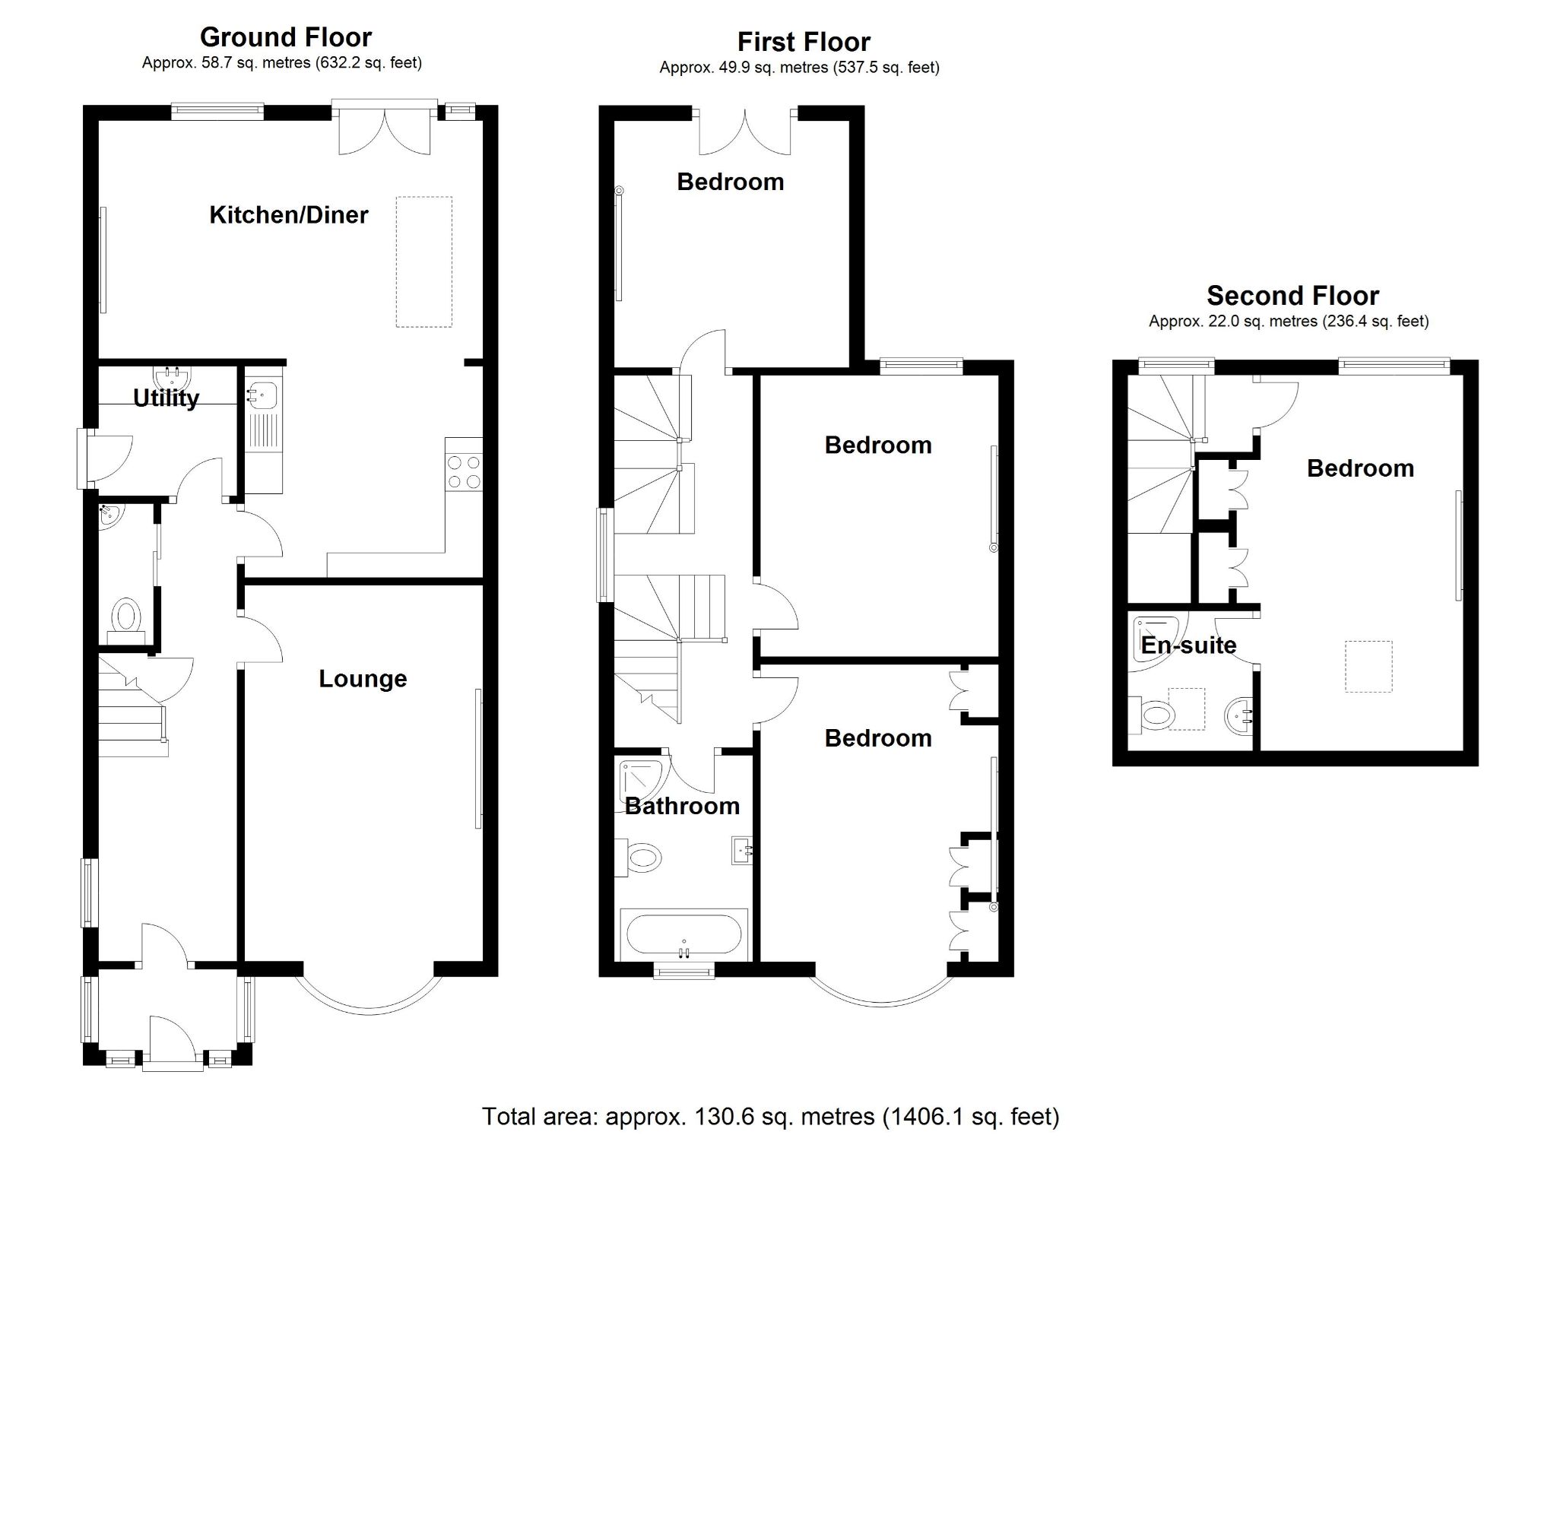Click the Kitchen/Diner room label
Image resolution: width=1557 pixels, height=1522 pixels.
[x=289, y=215]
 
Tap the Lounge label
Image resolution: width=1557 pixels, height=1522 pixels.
[x=363, y=679]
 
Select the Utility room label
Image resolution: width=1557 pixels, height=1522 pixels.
[x=166, y=398]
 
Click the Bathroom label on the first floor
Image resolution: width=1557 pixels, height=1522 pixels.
[x=682, y=806]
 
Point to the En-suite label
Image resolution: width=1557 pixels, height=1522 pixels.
[x=1188, y=645]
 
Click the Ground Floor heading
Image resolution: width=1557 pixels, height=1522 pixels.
[x=285, y=37]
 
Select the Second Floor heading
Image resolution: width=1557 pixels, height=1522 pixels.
[x=1292, y=296]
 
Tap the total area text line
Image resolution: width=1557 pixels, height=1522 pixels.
[x=770, y=1117]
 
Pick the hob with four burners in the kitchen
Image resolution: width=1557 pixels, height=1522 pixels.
[x=464, y=471]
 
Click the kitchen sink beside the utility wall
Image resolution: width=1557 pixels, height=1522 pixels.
[x=262, y=395]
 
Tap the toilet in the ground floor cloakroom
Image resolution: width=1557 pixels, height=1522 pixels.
[x=126, y=617]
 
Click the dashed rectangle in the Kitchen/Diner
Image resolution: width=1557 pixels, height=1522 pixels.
[x=423, y=262]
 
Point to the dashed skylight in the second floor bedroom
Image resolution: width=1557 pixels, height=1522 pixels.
[x=1368, y=666]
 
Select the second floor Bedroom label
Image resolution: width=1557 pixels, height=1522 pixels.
[x=1359, y=468]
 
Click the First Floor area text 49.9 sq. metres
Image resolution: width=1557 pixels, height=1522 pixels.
[x=798, y=68]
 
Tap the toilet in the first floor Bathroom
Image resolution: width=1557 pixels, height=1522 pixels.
[x=642, y=859]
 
